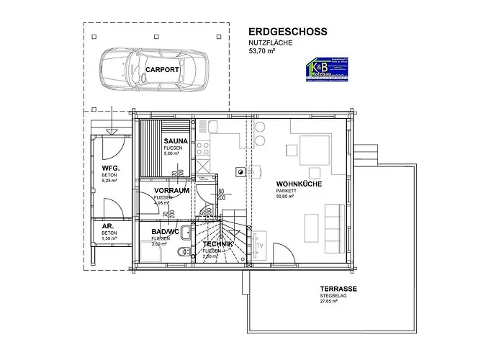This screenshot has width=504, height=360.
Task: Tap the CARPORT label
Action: (x=161, y=70)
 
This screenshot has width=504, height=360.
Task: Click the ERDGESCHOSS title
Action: (x=287, y=32)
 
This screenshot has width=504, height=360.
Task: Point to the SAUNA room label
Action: (x=176, y=141)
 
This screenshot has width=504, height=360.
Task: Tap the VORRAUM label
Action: (x=171, y=191)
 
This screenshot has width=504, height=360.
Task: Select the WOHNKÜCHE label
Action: (x=299, y=184)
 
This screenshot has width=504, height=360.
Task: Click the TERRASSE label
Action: (x=338, y=289)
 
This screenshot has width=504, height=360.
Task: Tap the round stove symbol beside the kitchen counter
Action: (x=238, y=171)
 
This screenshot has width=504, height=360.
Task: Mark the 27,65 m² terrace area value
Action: (x=329, y=302)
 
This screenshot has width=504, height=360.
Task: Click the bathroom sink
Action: (x=186, y=232)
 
